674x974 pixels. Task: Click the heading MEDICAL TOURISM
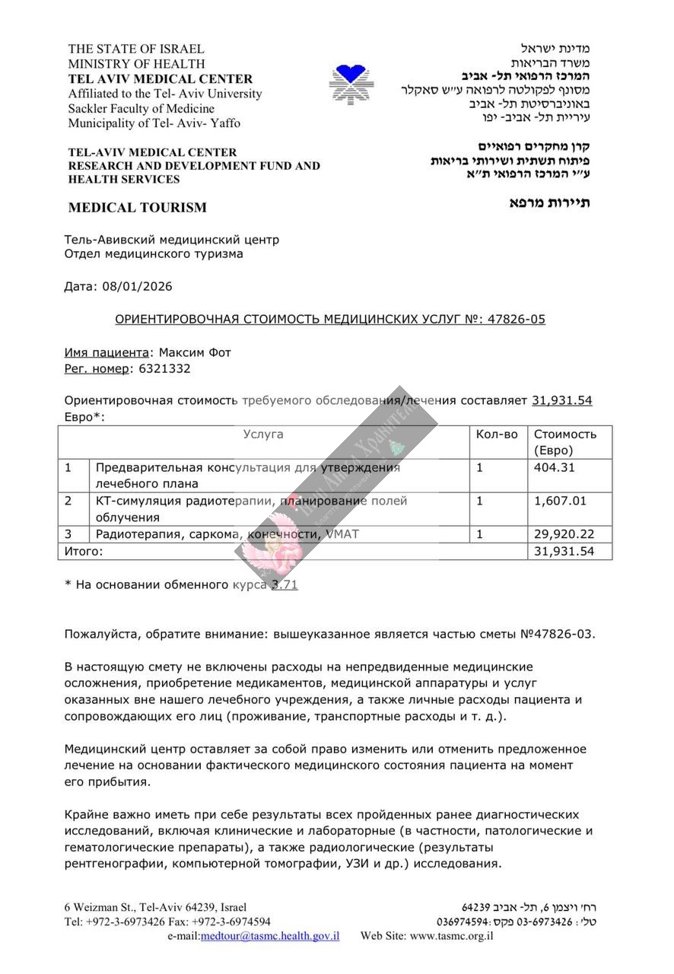(137, 207)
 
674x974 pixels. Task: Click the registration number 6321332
(161, 368)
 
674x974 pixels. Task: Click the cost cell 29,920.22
(560, 534)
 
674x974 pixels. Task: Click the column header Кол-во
(497, 434)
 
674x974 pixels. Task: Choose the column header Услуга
(263, 434)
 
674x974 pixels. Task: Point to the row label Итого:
(83, 551)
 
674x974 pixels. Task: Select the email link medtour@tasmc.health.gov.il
(270, 936)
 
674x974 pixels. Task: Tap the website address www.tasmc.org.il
(451, 936)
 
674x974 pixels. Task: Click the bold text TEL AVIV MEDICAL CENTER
(161, 79)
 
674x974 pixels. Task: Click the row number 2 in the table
(68, 501)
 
